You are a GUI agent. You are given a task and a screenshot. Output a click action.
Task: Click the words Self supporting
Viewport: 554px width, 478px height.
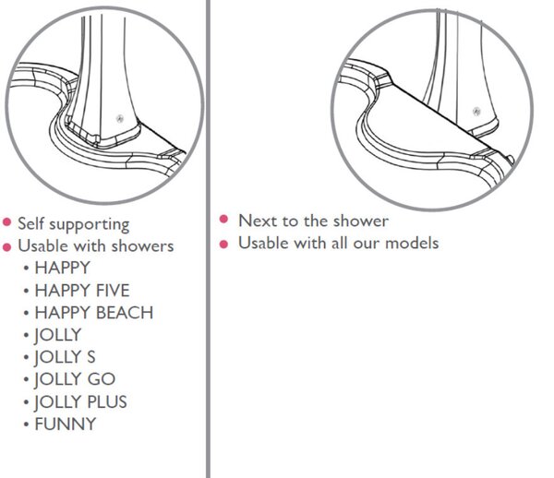[74, 224]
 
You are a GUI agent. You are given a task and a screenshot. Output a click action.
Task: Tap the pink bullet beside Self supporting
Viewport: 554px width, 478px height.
[7, 222]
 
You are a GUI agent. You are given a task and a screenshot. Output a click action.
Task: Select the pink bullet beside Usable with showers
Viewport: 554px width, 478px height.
[7, 246]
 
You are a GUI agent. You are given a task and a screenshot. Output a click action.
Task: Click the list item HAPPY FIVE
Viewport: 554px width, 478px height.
[82, 291]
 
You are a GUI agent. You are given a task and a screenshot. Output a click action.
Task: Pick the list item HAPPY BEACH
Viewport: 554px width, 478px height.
[94, 313]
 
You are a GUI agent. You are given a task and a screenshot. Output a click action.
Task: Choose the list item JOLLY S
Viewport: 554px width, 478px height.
[65, 357]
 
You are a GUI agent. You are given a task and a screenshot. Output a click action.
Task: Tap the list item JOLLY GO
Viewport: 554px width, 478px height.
[75, 379]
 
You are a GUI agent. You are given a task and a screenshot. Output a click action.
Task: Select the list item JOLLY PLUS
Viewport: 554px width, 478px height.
[80, 402]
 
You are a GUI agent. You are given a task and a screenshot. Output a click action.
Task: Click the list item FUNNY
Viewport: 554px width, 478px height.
[66, 424]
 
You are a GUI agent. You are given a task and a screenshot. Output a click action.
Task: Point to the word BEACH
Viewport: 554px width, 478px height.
[125, 313]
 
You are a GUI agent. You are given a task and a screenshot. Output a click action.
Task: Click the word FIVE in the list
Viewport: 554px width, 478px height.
[113, 291]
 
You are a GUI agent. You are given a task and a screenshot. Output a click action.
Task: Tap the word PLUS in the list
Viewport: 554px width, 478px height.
[107, 402]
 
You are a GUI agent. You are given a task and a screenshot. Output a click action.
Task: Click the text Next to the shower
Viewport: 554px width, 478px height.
[313, 221]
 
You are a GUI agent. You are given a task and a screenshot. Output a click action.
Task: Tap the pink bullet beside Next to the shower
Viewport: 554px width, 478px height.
[223, 220]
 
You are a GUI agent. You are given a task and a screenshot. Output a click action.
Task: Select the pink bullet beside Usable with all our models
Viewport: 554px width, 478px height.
[223, 244]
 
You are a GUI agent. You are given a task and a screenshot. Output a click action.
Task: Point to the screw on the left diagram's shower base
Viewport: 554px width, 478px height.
[120, 119]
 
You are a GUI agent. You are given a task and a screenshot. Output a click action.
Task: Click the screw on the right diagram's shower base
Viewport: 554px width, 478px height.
[477, 112]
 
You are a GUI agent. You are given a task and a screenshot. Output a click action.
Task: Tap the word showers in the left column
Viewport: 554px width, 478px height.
[142, 246]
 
